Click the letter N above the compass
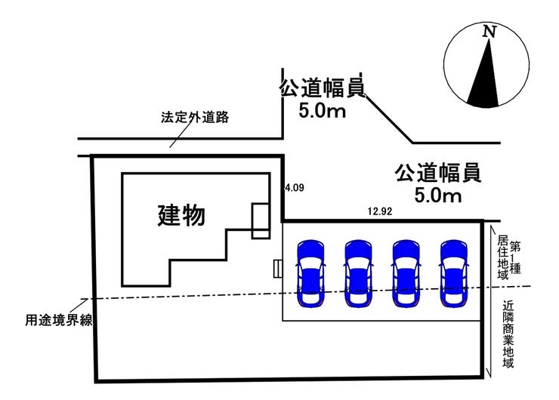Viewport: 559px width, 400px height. pyautogui.click(x=490, y=32)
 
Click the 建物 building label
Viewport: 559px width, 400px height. pyautogui.click(x=181, y=216)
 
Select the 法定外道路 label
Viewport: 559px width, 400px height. pyautogui.click(x=195, y=118)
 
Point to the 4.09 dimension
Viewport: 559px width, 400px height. pyautogui.click(x=294, y=189)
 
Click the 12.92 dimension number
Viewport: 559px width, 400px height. pyautogui.click(x=379, y=212)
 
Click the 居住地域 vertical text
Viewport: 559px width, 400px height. pyautogui.click(x=502, y=258)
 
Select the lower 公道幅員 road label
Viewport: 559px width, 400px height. pyautogui.click(x=437, y=174)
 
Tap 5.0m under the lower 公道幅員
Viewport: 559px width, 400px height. pyautogui.click(x=437, y=196)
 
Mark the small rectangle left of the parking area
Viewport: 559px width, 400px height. pyautogui.click(x=278, y=269)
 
